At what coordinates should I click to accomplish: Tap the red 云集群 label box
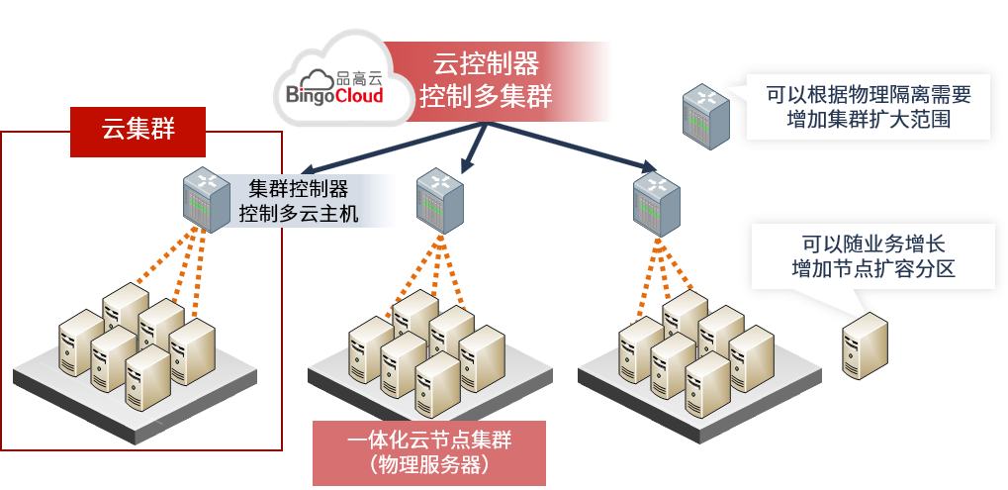point(138,129)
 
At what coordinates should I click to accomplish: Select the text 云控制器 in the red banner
point(486,64)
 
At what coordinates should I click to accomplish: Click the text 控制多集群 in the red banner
point(486,97)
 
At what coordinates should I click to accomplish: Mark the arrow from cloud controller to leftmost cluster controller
point(366,147)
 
